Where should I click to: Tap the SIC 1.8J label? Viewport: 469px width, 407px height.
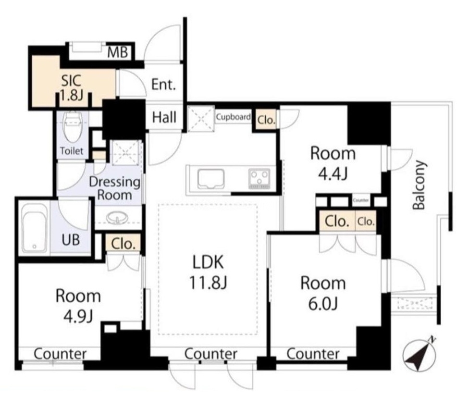[x=72, y=88]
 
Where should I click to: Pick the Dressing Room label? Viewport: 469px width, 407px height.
[x=114, y=188]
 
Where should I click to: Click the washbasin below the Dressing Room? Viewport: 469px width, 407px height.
[x=117, y=218]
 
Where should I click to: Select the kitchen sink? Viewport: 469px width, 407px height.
[x=211, y=179]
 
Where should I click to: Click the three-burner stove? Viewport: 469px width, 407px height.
[x=259, y=179]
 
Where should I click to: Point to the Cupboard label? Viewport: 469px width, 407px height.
[x=234, y=117]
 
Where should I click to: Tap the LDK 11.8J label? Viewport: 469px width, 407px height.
[x=208, y=272]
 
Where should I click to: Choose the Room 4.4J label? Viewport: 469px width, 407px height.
[x=333, y=163]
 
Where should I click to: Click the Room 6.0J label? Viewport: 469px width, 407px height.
[x=323, y=294]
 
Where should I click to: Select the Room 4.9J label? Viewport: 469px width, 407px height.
[x=78, y=306]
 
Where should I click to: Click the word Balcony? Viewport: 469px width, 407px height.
[x=419, y=185]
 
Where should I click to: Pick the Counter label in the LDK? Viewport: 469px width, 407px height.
[x=211, y=354]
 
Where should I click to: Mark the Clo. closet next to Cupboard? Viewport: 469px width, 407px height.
[x=266, y=120]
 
